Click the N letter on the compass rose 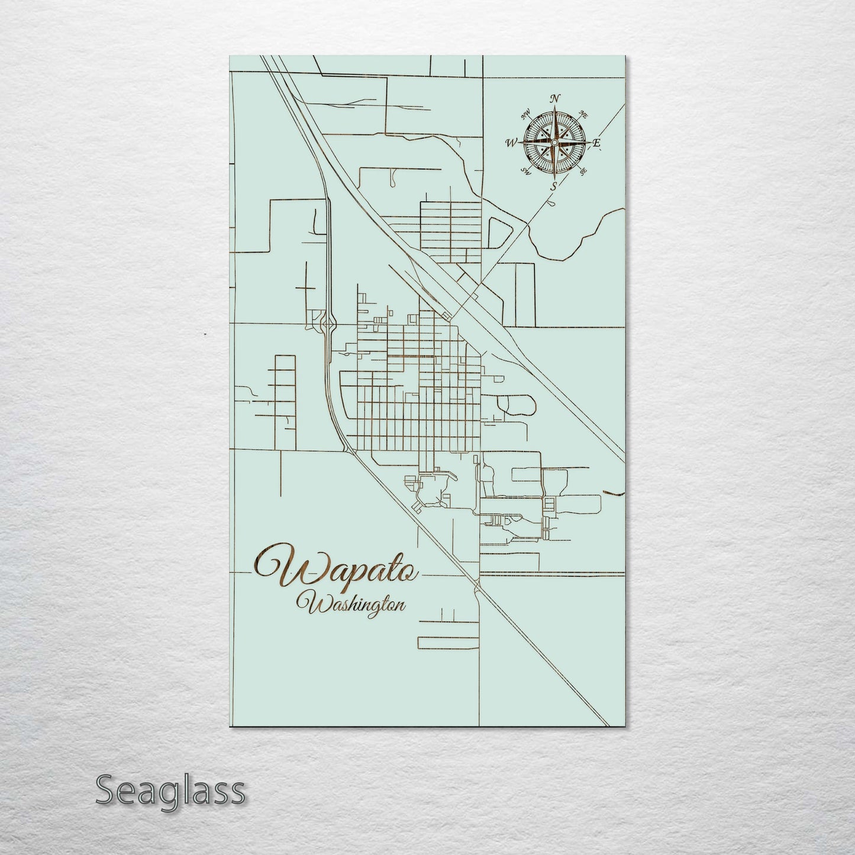click(555, 99)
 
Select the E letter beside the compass click(597, 143)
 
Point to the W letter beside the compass click(512, 143)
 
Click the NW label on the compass click(525, 115)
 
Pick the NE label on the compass click(583, 114)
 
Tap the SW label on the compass click(525, 171)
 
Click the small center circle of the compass click(554, 143)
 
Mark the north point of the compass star click(554, 109)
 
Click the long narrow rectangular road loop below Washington click(448, 643)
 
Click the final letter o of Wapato click(411, 572)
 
